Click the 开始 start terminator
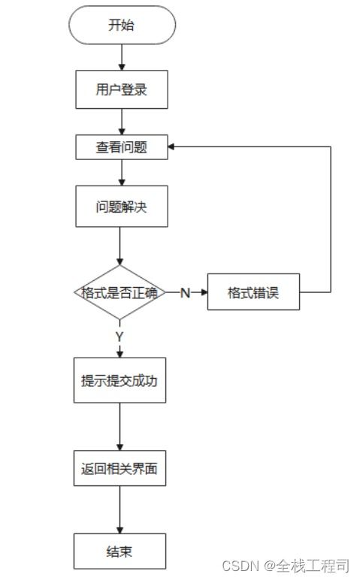pyautogui.click(x=121, y=26)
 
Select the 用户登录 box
pyautogui.click(x=121, y=90)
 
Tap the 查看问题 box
pyautogui.click(x=121, y=148)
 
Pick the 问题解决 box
pyautogui.click(x=121, y=206)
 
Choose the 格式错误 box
pyautogui.click(x=253, y=293)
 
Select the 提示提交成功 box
pyautogui.click(x=120, y=380)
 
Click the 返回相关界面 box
pyautogui.click(x=120, y=470)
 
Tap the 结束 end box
pyautogui.click(x=120, y=551)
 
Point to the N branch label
pyautogui.click(x=185, y=293)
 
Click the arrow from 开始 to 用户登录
pyautogui.click(x=121, y=57)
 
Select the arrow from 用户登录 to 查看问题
pyautogui.click(x=121, y=122)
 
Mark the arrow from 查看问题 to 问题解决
pyautogui.click(x=121, y=172)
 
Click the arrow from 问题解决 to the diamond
pyautogui.click(x=120, y=246)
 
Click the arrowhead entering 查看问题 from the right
pyautogui.click(x=171, y=147)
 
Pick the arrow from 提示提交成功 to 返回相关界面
pyautogui.click(x=120, y=427)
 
